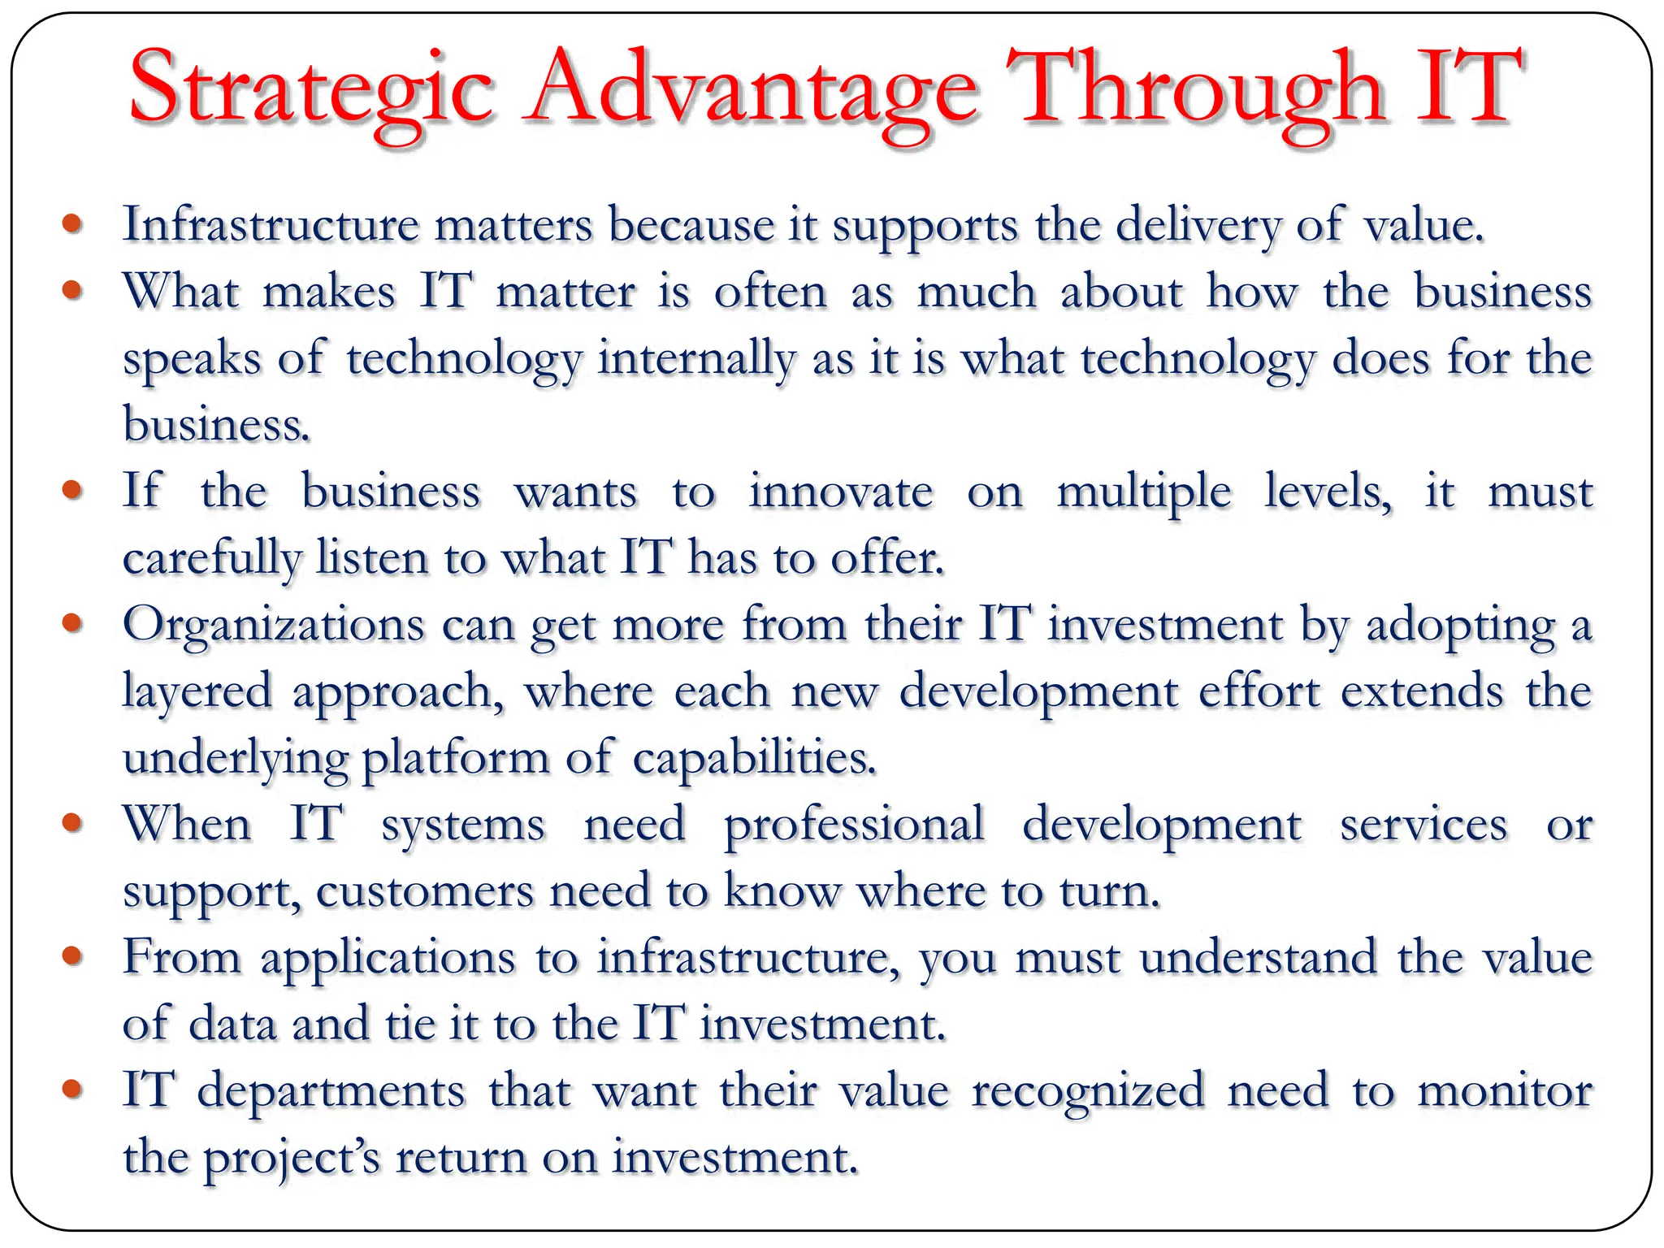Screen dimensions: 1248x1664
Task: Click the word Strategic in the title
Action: click(311, 89)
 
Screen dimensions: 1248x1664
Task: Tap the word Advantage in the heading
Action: click(752, 89)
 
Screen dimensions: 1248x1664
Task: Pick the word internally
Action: click(696, 358)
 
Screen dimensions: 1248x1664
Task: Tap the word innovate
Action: click(840, 492)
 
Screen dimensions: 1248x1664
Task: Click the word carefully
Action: click(212, 559)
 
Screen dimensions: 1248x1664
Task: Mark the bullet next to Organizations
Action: click(73, 623)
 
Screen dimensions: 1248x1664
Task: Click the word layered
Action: click(197, 692)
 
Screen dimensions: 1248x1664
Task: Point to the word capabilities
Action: click(755, 759)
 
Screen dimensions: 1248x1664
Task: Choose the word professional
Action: click(854, 825)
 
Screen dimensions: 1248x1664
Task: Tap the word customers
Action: click(424, 891)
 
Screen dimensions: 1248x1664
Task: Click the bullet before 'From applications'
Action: click(73, 955)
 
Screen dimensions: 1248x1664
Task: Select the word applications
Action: click(388, 959)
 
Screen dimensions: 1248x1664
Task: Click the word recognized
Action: click(1088, 1091)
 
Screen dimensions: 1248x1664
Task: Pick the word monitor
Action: click(1505, 1091)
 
